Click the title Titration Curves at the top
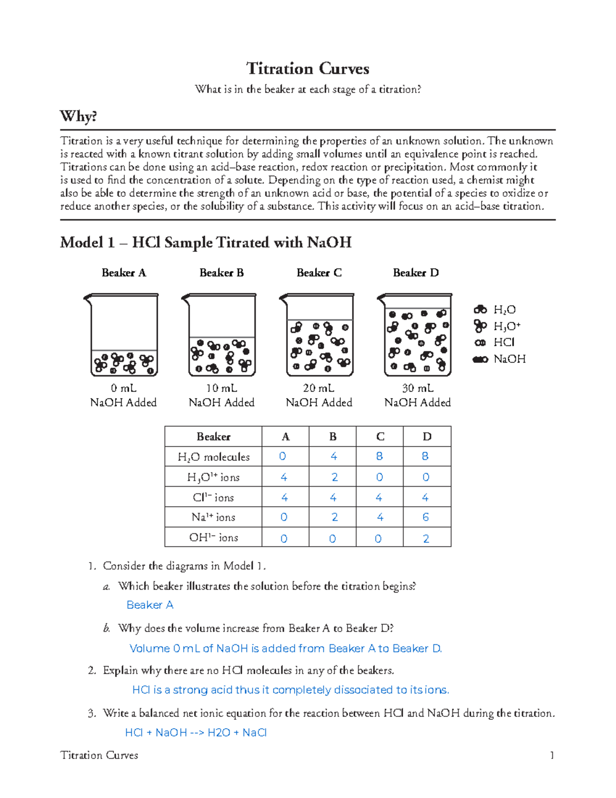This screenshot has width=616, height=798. [x=307, y=69]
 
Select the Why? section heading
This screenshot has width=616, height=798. [x=78, y=117]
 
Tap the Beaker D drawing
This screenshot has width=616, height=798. [x=416, y=335]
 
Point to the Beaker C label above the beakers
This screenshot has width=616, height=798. [x=319, y=273]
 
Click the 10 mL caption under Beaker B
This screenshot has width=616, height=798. [x=221, y=388]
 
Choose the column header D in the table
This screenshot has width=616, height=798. [x=427, y=437]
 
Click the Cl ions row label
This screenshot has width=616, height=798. [x=213, y=497]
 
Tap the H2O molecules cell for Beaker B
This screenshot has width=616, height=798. [x=334, y=456]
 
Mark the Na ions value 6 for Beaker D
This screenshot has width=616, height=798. [x=426, y=517]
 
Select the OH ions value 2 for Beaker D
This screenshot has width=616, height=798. [x=426, y=539]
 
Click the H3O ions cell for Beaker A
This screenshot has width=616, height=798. [x=284, y=477]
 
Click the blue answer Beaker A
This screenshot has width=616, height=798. [x=150, y=605]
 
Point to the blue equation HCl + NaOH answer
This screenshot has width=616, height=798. [x=196, y=733]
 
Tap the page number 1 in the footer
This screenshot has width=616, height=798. [x=552, y=755]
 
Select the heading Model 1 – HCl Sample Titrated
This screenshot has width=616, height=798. [x=205, y=243]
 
